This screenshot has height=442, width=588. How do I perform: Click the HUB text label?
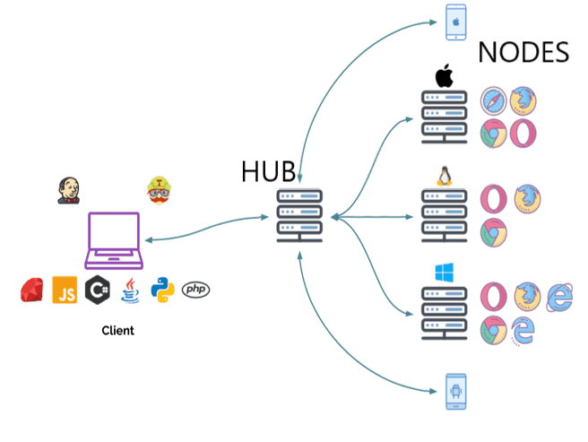tap(267, 171)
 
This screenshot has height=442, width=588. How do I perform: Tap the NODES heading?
tap(523, 52)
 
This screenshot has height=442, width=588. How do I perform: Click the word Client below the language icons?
tap(117, 331)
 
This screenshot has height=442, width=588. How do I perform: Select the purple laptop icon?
tap(113, 240)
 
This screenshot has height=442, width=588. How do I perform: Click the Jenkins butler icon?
tap(68, 189)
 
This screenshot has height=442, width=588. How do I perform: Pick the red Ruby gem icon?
tap(33, 290)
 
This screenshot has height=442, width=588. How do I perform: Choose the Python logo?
tap(162, 290)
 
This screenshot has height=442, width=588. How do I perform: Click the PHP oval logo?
tap(195, 289)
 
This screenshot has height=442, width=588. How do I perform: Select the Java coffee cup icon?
tap(131, 290)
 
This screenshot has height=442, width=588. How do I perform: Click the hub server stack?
tap(299, 215)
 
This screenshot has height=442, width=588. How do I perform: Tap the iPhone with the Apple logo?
tap(456, 22)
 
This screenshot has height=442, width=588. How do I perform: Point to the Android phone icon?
tap(456, 392)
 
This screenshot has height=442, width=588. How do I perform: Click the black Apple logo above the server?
tap(444, 76)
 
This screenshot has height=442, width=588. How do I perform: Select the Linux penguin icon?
tap(443, 177)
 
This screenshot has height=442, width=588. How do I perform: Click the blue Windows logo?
tap(444, 273)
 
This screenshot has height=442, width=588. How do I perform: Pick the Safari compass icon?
tap(494, 101)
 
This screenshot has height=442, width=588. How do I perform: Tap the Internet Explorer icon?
tap(558, 297)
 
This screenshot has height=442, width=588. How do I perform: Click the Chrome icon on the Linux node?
tap(492, 232)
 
